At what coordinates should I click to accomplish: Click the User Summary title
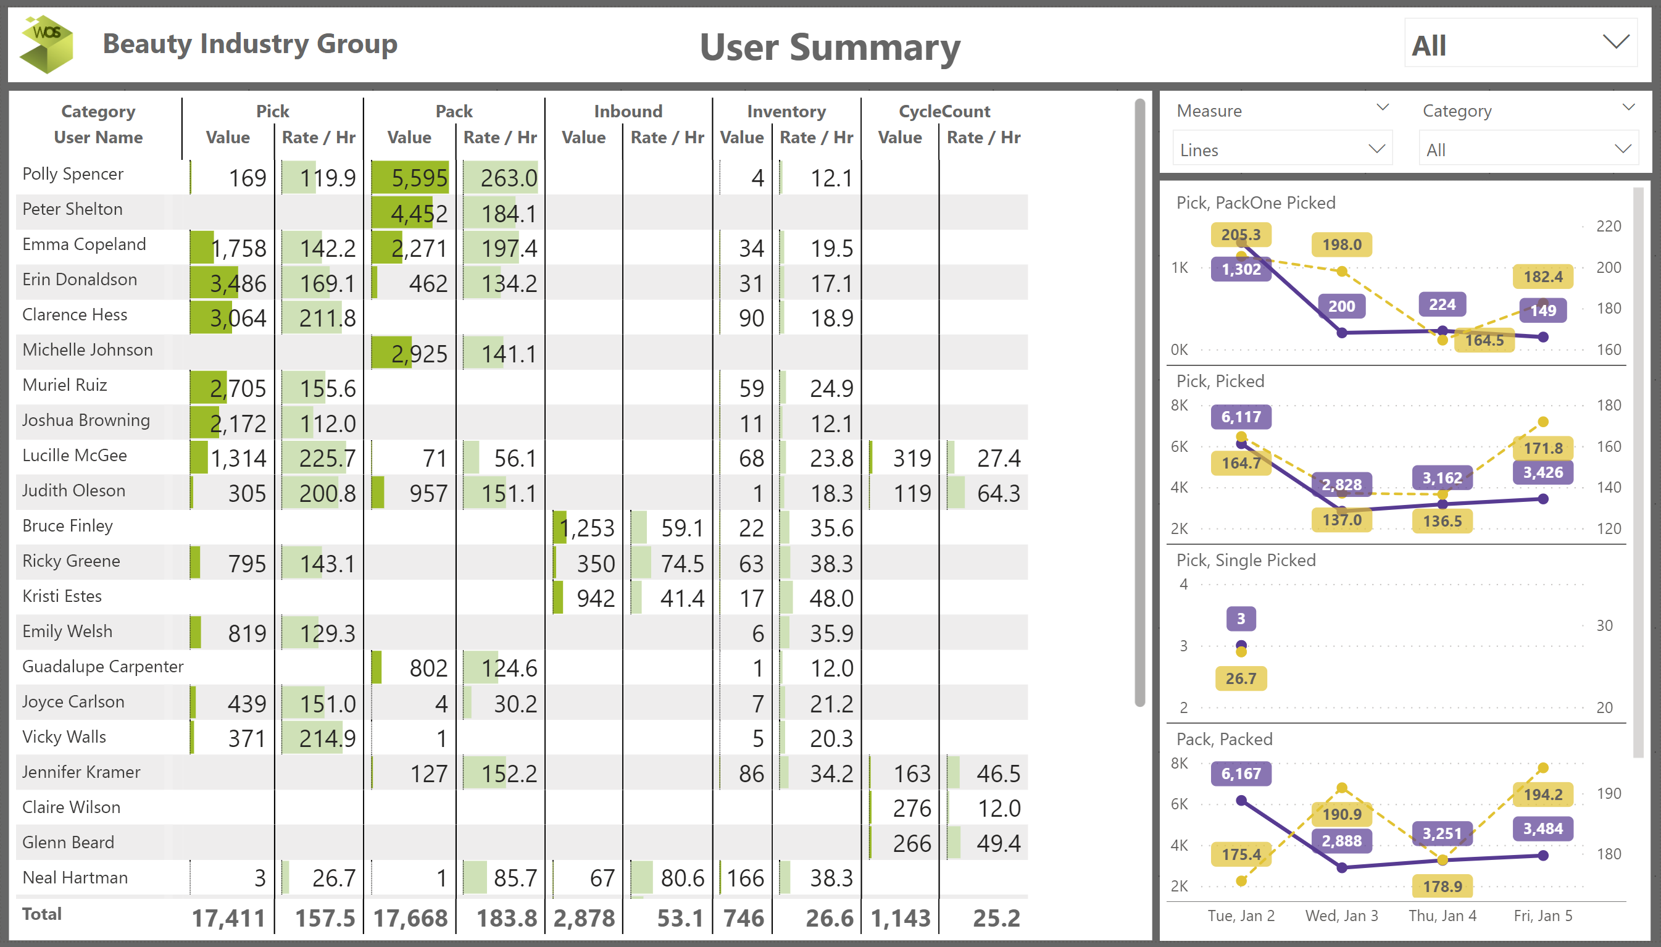click(x=830, y=47)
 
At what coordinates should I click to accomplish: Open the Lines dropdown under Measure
click(x=1281, y=149)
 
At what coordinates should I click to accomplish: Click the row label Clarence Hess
click(x=75, y=315)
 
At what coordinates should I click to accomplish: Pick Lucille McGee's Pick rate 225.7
click(x=327, y=459)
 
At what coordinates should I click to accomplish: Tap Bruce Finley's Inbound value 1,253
click(x=588, y=528)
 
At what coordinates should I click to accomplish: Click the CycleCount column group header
click(x=944, y=111)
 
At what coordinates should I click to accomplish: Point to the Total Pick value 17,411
click(x=229, y=918)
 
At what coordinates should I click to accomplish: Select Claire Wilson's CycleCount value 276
click(x=912, y=809)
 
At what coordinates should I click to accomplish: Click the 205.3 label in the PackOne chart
click(x=1241, y=235)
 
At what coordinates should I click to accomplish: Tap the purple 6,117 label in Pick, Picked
click(x=1241, y=417)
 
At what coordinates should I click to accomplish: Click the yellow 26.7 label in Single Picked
click(x=1241, y=678)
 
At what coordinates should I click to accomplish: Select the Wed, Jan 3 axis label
click(x=1341, y=916)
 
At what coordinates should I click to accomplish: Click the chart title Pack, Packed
click(x=1224, y=739)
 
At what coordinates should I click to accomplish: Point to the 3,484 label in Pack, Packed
click(x=1542, y=828)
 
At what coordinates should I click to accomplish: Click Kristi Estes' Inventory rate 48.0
click(x=831, y=598)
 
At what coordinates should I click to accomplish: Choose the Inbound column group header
click(x=628, y=111)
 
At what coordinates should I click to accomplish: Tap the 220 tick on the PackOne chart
click(x=1609, y=227)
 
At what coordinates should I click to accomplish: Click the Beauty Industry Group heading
click(x=249, y=44)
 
